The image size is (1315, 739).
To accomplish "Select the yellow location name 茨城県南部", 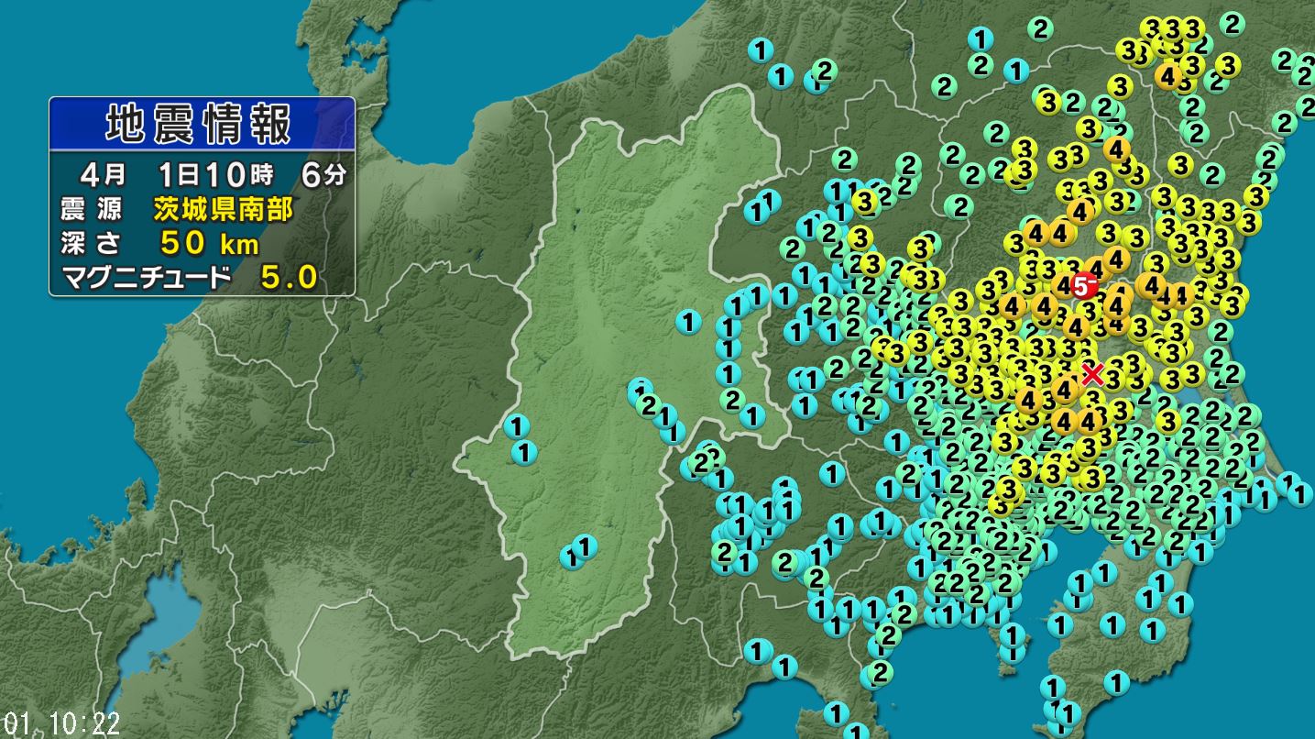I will coord(223,210).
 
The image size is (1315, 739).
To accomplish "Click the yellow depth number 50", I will coord(181,244).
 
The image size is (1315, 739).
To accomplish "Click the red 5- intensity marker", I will coord(1084,286).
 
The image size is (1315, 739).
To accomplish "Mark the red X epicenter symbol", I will coord(1091,373).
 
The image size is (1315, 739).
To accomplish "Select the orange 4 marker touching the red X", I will coord(1064,390).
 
